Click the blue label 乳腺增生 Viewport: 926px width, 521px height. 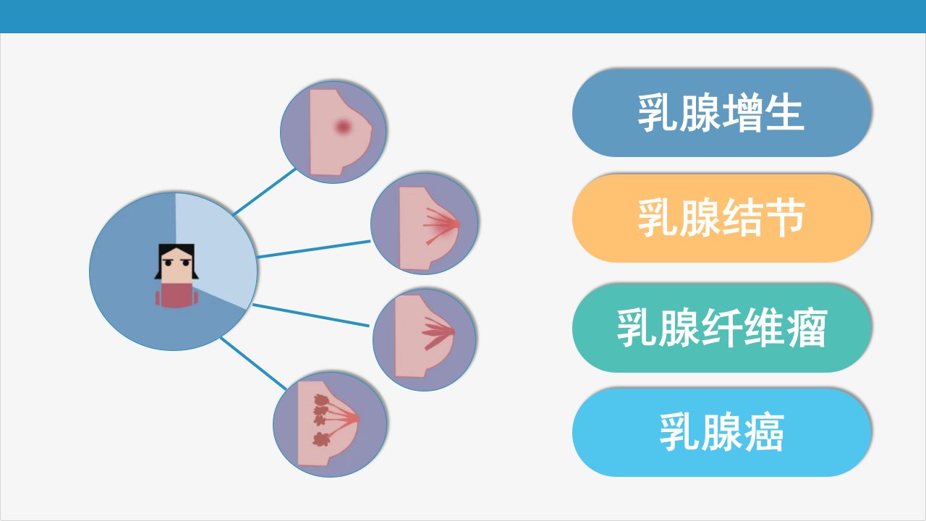pyautogui.click(x=722, y=112)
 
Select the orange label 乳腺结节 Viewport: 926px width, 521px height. pyautogui.click(x=722, y=218)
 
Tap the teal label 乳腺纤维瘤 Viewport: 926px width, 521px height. pyautogui.click(x=722, y=328)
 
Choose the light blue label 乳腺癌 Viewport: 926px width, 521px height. pyautogui.click(x=722, y=433)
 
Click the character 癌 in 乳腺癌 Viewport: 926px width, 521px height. pyautogui.click(x=764, y=433)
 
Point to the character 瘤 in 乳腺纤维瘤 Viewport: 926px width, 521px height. pyautogui.click(x=807, y=328)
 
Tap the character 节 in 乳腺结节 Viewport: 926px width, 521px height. pyautogui.click(x=785, y=218)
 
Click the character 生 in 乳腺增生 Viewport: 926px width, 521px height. pyautogui.click(x=785, y=112)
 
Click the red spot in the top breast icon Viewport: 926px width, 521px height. pyautogui.click(x=343, y=126)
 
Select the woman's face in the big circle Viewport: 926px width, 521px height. pyautogui.click(x=177, y=266)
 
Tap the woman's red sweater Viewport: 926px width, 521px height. pyautogui.click(x=177, y=296)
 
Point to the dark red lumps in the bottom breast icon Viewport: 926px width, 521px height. pyautogui.click(x=321, y=420)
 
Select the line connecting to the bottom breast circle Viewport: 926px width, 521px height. pyautogui.click(x=253, y=364)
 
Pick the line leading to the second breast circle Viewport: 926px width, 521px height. pyautogui.click(x=313, y=249)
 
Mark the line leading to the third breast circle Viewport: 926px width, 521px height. pyautogui.click(x=311, y=315)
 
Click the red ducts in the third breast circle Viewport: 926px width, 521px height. pyautogui.click(x=438, y=334)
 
